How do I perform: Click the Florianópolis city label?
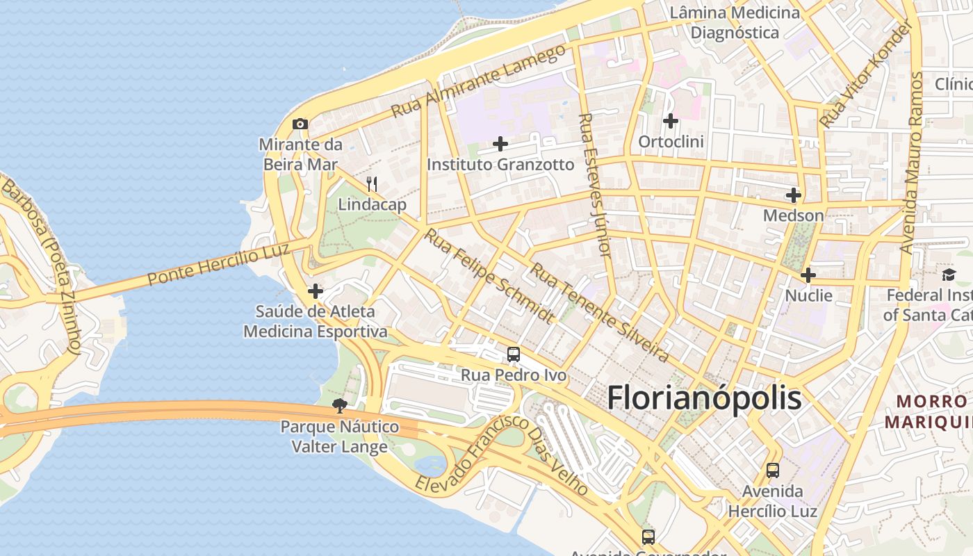click(704, 398)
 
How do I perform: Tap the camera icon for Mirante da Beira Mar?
click(300, 124)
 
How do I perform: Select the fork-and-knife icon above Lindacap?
click(372, 184)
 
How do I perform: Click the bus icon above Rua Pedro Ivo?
click(514, 354)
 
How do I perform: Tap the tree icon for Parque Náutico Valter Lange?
click(340, 406)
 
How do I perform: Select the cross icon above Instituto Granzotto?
click(500, 145)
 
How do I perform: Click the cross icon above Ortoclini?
click(671, 121)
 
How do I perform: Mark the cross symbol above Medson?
click(794, 195)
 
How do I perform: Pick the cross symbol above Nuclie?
click(808, 275)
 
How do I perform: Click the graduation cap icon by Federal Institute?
click(949, 275)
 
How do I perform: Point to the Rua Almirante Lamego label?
click(478, 81)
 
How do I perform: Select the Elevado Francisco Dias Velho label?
click(502, 455)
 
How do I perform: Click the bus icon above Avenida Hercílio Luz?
click(773, 471)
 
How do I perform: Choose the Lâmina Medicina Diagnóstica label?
click(735, 22)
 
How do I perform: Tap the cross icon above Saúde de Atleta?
click(316, 291)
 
